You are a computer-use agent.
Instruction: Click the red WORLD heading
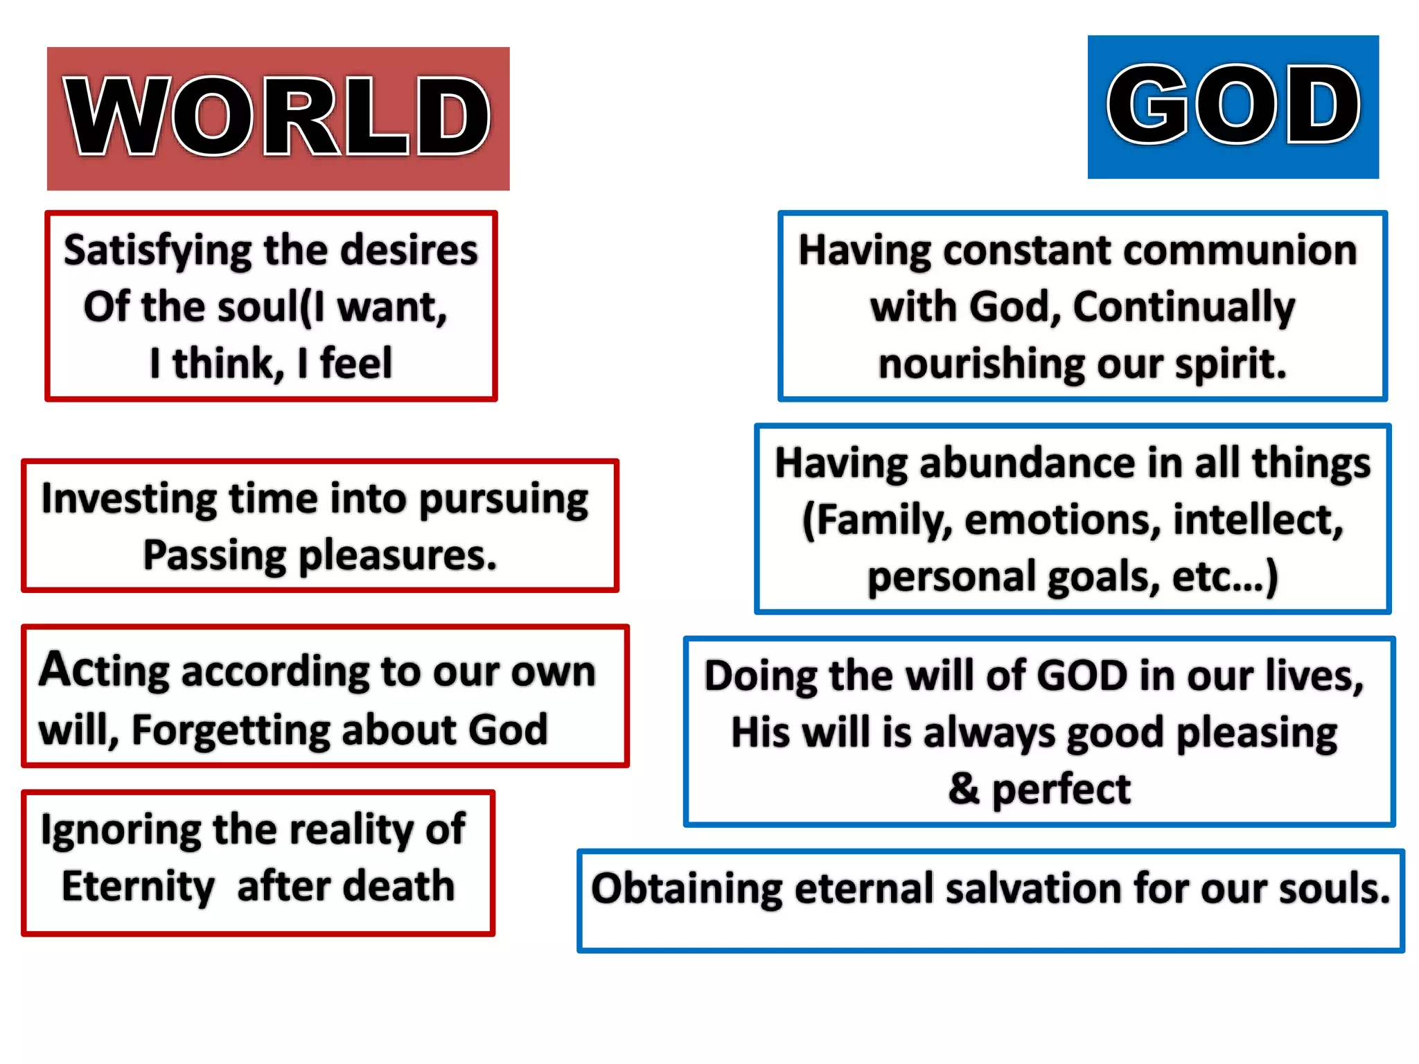coord(278,118)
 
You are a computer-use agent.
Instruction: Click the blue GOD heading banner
coord(1233,107)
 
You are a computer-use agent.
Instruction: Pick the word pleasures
coord(397,556)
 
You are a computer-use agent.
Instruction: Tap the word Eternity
coord(138,887)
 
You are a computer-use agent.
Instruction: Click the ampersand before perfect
coord(964,788)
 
